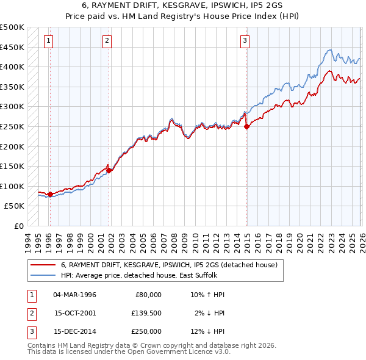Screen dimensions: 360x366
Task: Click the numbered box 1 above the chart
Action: [x=48, y=41]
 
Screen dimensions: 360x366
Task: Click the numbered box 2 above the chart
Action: [x=107, y=41]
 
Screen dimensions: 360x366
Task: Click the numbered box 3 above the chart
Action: [x=244, y=41]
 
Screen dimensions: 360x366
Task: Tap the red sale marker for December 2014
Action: [x=247, y=127]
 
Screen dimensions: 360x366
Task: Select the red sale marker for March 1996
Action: [x=50, y=195]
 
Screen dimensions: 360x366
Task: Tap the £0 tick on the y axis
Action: [x=18, y=226]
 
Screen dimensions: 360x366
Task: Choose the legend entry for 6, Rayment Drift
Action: [x=169, y=265]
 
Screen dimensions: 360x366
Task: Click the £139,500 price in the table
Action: [x=146, y=313]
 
